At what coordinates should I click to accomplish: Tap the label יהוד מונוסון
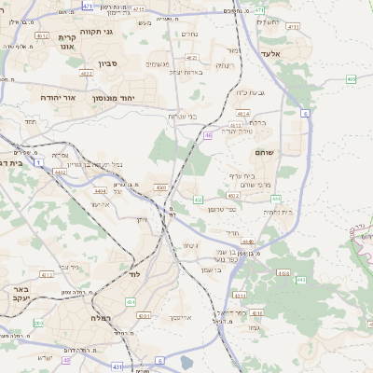(115, 97)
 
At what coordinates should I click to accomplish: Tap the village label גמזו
(252, 327)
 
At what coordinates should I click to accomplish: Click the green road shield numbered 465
(351, 79)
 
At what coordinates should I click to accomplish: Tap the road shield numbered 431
(117, 367)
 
